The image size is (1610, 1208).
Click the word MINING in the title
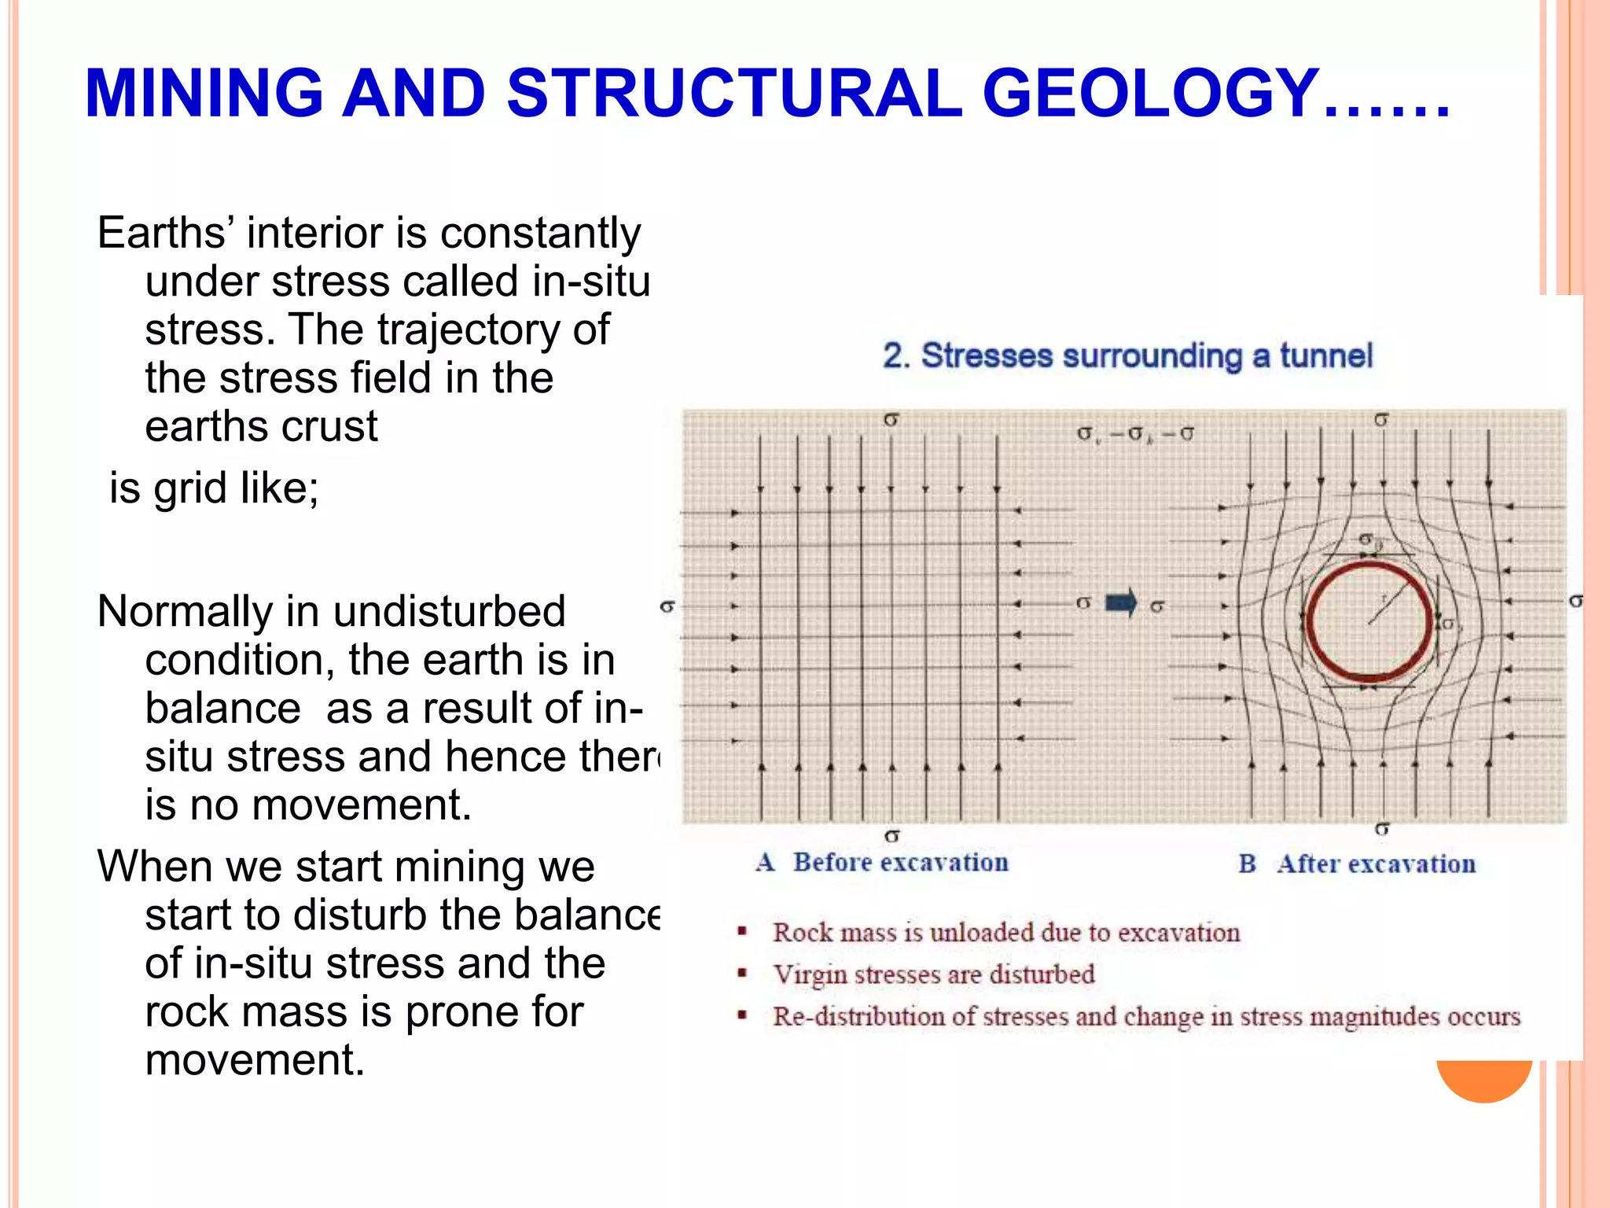(204, 94)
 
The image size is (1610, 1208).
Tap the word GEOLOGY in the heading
(1151, 94)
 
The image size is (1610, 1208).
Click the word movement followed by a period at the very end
(255, 1059)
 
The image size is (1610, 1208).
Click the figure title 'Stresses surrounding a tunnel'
(1145, 355)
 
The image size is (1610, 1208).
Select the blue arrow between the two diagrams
(1121, 603)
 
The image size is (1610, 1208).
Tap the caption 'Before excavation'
(900, 863)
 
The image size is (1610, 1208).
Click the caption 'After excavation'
(1376, 864)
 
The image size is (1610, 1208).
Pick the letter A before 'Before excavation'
(765, 863)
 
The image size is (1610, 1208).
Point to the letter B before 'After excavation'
(1247, 864)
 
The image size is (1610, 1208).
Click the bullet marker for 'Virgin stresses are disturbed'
(741, 974)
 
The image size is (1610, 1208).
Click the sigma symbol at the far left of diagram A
(667, 606)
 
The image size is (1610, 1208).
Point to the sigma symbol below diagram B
(1382, 829)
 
